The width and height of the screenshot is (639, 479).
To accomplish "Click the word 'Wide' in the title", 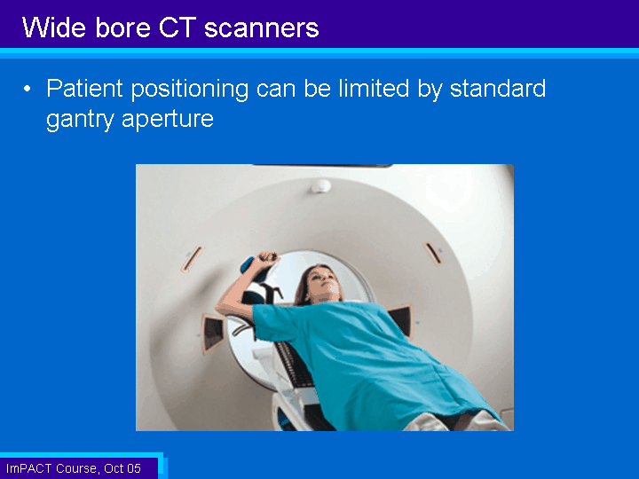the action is [54, 27].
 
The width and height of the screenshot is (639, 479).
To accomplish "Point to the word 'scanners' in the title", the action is [261, 28].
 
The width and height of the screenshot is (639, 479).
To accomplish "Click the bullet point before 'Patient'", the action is [27, 89].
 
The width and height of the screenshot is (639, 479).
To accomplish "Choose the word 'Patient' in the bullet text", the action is [84, 89].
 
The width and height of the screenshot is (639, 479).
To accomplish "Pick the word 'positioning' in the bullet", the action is [190, 90].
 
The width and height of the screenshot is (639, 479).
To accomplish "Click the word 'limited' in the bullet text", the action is [374, 89].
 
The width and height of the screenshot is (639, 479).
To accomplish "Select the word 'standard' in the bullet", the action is [498, 89].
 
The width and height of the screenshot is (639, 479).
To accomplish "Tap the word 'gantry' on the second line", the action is [80, 120].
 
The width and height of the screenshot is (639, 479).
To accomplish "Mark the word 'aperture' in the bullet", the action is [168, 120].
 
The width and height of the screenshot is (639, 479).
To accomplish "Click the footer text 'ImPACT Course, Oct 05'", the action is [74, 468].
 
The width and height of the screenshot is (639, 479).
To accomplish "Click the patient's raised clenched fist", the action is [267, 258].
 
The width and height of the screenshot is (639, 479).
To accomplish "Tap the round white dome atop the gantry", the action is [320, 186].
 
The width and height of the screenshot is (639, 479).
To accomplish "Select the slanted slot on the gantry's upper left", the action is [193, 258].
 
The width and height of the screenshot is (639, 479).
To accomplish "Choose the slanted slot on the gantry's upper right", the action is [433, 254].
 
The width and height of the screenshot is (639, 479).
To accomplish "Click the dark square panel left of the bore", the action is [213, 333].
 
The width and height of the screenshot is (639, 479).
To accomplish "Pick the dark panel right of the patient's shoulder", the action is [401, 320].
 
